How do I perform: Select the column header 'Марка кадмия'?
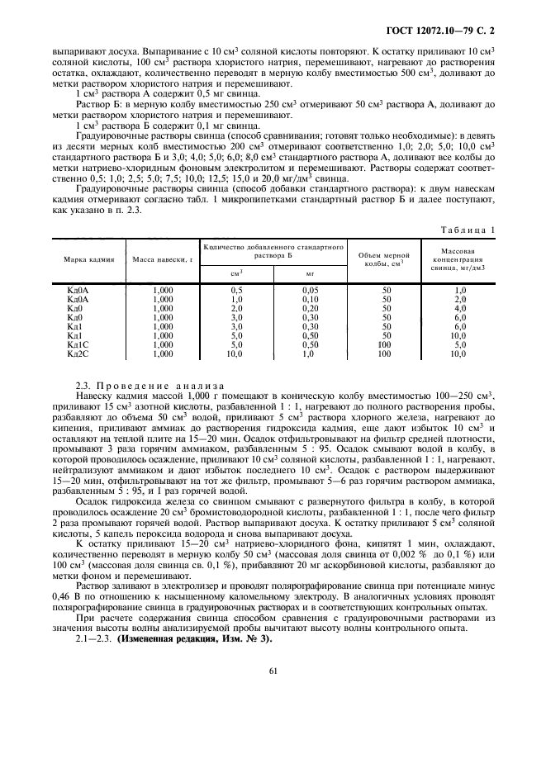(86, 259)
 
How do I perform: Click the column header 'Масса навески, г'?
(163, 259)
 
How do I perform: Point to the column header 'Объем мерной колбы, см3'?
(386, 259)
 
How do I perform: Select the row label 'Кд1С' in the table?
(76, 344)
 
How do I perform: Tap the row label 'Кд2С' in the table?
(76, 353)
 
